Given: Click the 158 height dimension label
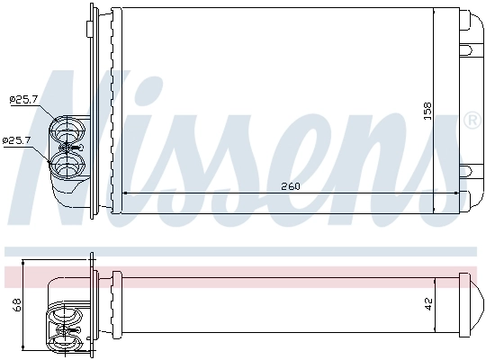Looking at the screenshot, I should coord(428,111).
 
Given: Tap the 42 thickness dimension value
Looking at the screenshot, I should coord(428,305).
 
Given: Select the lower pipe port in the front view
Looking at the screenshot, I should coord(67,163).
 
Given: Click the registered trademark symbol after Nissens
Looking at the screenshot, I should coord(471,119).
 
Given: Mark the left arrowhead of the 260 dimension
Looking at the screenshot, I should coord(123,193).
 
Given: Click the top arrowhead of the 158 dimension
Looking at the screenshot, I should coord(434,14).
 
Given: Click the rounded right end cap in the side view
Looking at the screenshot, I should coord(469,305).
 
